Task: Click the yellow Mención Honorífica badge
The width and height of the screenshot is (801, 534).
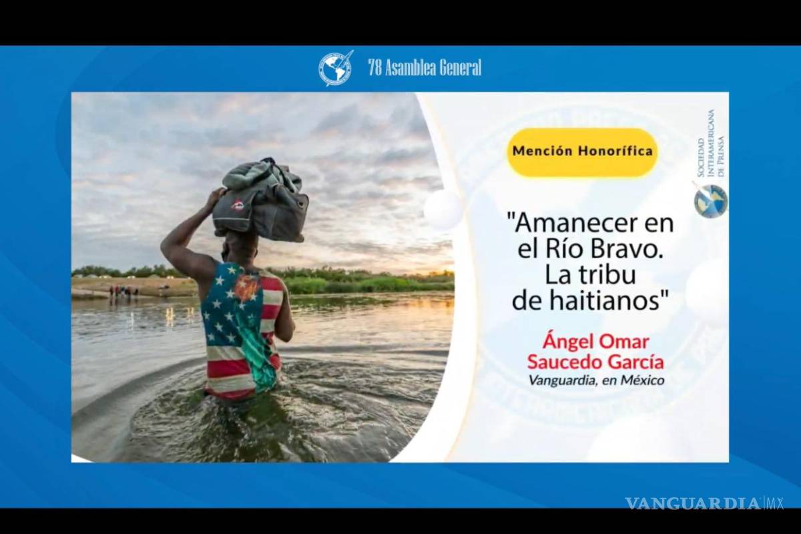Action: [582, 152]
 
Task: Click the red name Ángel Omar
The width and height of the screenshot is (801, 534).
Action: [595, 342]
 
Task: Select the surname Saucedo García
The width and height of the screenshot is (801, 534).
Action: [595, 362]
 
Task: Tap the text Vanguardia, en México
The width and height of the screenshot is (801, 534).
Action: [595, 380]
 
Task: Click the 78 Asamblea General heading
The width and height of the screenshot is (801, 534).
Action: [425, 68]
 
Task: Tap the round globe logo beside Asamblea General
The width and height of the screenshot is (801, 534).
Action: [334, 68]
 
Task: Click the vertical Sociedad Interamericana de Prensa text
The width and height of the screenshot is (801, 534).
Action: [709, 144]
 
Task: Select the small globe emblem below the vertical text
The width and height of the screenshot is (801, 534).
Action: [710, 201]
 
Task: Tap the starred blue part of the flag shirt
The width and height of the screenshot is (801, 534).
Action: [227, 307]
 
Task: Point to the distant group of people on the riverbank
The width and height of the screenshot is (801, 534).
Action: [123, 291]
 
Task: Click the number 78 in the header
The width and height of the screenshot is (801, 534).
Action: [374, 68]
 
